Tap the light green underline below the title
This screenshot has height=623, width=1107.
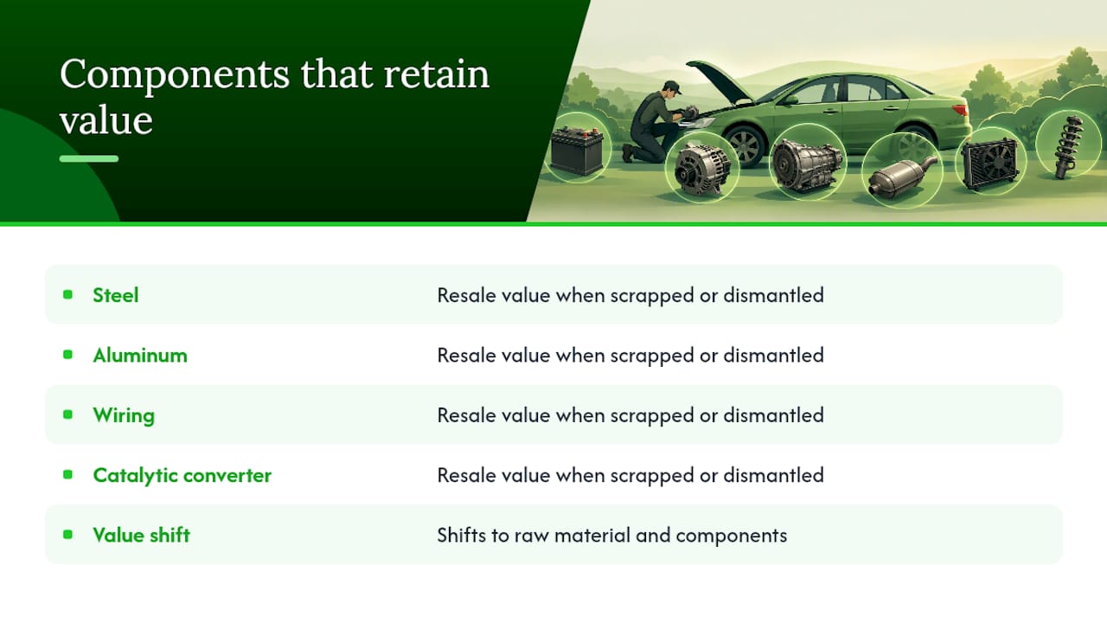click(x=89, y=158)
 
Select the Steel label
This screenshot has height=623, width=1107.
click(x=116, y=295)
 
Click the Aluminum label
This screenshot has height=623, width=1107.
click(x=140, y=355)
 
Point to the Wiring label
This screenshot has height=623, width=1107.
click(x=124, y=416)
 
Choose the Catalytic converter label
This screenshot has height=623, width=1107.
click(x=182, y=476)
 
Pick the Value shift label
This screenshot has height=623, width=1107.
click(x=141, y=535)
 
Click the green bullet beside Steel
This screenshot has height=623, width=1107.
click(x=67, y=295)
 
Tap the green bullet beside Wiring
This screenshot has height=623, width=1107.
click(x=67, y=414)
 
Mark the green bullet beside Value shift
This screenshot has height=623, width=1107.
click(x=67, y=535)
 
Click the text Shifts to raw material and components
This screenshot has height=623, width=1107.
click(x=611, y=536)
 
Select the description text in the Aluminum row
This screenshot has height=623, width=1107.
click(x=630, y=356)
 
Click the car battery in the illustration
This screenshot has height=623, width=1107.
click(x=577, y=151)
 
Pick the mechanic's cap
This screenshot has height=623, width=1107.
click(x=673, y=87)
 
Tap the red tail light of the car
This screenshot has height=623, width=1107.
click(x=959, y=110)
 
